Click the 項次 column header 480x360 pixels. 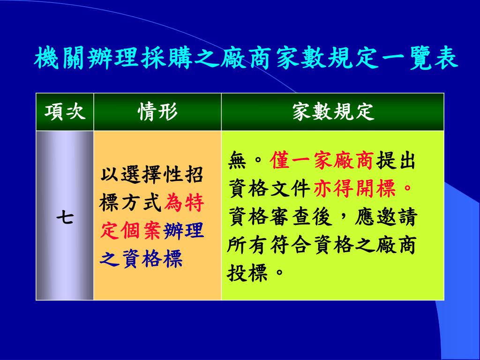[65, 112]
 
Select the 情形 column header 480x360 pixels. [157, 112]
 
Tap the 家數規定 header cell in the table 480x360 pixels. [333, 112]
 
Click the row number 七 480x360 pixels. [65, 218]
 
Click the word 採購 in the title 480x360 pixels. [167, 58]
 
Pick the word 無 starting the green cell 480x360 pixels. [238, 160]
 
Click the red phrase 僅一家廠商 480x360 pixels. [322, 160]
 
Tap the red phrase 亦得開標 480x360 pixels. [355, 188]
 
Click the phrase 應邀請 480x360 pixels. [386, 217]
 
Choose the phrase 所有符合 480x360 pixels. [269, 244]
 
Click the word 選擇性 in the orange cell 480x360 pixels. [141, 175]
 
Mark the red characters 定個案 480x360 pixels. [130, 231]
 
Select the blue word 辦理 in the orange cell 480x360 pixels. [184, 231]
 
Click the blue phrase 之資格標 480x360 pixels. [141, 258]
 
